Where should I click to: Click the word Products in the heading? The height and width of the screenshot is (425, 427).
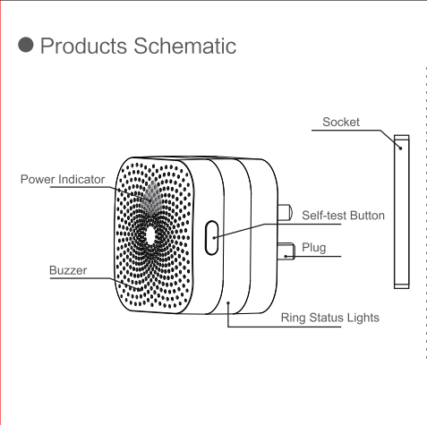83,47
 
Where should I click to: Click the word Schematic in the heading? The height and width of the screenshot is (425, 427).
184,46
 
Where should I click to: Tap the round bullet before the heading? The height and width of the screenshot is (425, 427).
26,45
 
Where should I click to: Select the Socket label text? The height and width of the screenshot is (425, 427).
341,122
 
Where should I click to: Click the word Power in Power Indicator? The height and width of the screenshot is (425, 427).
38,179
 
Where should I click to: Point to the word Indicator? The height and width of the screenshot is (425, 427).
81,179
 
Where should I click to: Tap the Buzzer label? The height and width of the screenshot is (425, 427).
68,270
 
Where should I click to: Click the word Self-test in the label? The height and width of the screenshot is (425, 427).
324,216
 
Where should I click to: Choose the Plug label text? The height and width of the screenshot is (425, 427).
313,248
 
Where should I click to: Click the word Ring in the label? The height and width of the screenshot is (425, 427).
294,318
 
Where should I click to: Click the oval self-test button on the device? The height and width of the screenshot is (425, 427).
211,238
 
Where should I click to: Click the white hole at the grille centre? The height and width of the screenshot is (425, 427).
150,235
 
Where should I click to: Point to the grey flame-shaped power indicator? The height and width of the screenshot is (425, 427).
151,198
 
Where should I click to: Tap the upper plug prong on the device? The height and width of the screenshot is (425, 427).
285,212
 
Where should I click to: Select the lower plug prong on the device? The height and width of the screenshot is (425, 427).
286,251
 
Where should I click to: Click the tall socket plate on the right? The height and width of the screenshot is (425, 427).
401,211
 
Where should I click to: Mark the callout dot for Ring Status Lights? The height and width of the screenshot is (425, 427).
228,302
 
